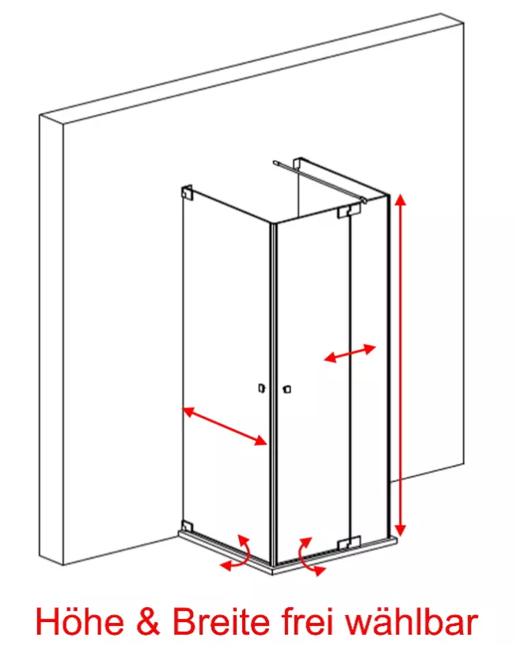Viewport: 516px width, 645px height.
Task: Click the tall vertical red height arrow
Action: tap(400, 365)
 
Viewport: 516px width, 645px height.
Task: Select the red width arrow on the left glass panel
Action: tap(225, 426)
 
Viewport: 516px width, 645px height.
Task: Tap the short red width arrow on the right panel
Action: tap(350, 353)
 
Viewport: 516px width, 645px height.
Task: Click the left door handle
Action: tap(261, 388)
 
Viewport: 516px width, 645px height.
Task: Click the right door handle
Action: tap(287, 389)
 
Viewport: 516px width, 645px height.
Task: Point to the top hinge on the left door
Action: tap(188, 192)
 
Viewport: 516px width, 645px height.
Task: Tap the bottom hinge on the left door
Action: tap(188, 525)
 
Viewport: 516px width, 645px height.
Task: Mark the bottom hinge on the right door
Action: tap(349, 543)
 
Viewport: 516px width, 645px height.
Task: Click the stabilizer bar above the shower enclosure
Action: tap(319, 180)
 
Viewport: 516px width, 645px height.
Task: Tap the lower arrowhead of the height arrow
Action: tap(400, 531)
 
